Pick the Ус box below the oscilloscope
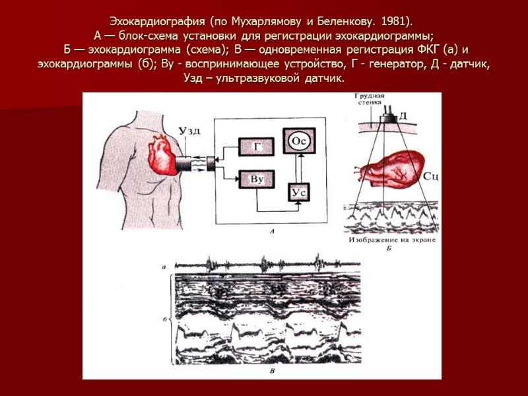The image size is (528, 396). [299, 191]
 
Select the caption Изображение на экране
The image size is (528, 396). [389, 240]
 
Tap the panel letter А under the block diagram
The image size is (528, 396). [272, 231]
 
